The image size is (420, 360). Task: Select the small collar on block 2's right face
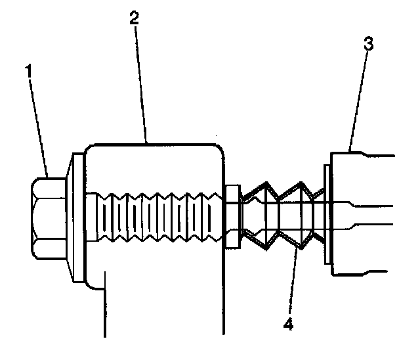[x=231, y=217]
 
